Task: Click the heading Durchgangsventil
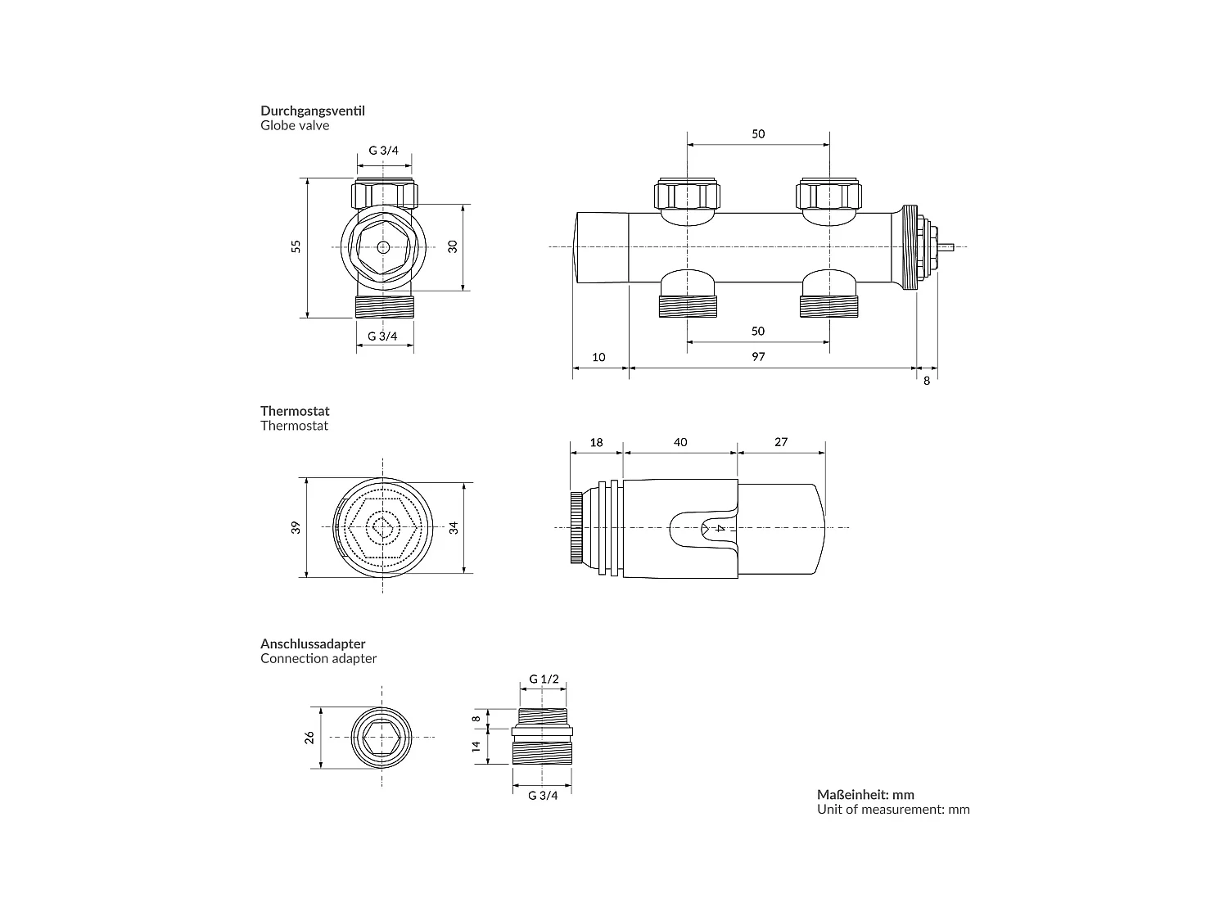[312, 111]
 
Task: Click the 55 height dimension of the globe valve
[296, 246]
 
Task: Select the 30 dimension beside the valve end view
[453, 246]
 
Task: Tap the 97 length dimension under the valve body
[758, 357]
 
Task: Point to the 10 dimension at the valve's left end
[598, 357]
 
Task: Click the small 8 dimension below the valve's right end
[927, 381]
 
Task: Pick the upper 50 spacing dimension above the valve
[758, 133]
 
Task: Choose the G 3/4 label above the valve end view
[384, 151]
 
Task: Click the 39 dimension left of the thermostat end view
[296, 527]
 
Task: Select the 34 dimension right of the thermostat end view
[454, 527]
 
